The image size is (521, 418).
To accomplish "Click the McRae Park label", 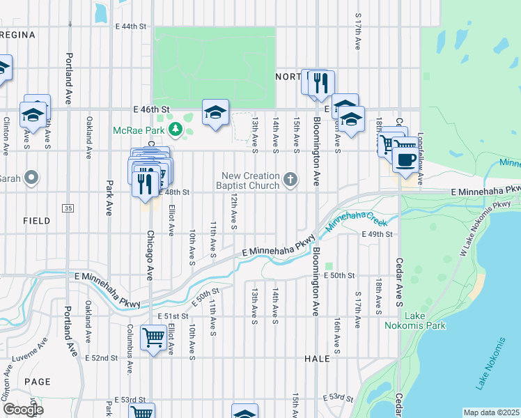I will click(x=140, y=130).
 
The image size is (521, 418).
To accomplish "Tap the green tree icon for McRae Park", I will click(x=176, y=129).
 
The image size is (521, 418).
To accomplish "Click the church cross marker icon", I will click(x=290, y=180).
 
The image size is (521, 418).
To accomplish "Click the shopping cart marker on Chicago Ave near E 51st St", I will click(x=153, y=339).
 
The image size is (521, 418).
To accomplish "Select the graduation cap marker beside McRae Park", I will click(x=216, y=113).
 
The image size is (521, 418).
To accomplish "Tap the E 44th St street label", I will click(x=132, y=26).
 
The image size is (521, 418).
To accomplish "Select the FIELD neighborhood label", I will click(x=36, y=221).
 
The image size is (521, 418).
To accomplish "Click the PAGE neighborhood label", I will click(x=37, y=382).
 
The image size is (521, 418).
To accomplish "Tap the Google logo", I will click(x=23, y=410).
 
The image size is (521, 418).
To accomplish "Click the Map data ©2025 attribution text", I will click(x=491, y=412).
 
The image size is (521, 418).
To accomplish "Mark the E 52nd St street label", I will click(x=101, y=358).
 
